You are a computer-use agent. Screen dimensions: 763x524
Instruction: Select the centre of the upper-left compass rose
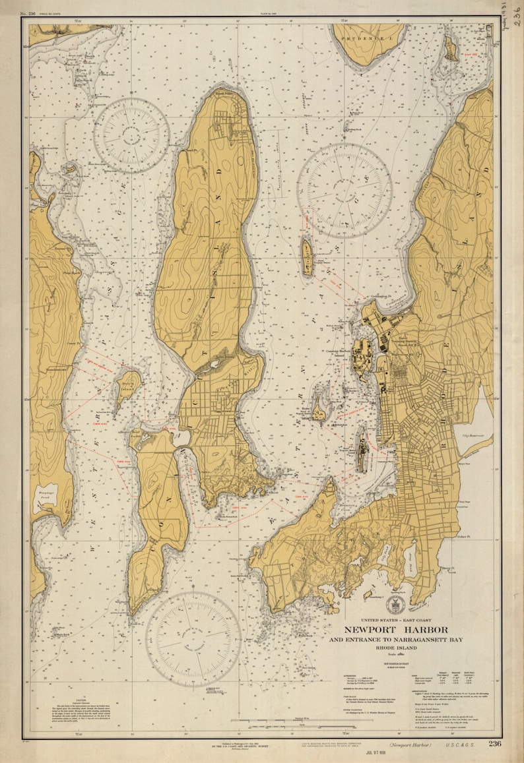pyautogui.click(x=131, y=135)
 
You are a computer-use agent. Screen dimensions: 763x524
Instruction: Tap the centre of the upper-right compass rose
pyautogui.click(x=344, y=191)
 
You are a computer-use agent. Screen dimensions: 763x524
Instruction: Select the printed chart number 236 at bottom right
pyautogui.click(x=496, y=744)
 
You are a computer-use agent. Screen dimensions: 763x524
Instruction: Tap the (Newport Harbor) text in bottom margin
pyautogui.click(x=410, y=745)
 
